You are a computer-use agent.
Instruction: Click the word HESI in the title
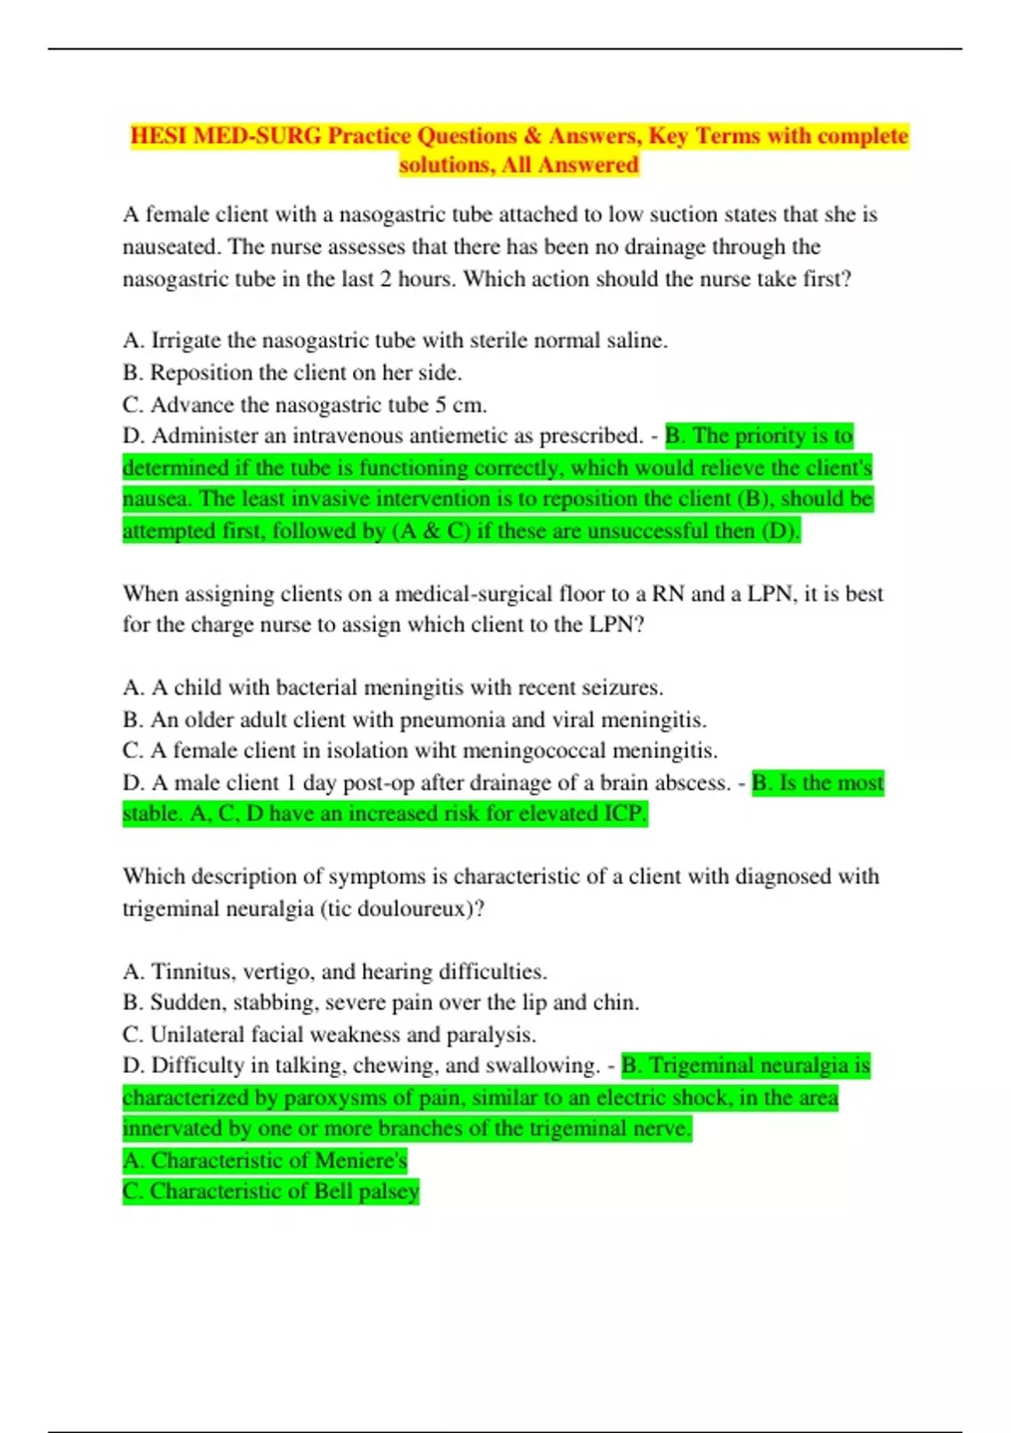(x=158, y=136)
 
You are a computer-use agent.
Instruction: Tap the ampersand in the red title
(x=532, y=136)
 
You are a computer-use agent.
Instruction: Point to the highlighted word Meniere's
(x=360, y=1161)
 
